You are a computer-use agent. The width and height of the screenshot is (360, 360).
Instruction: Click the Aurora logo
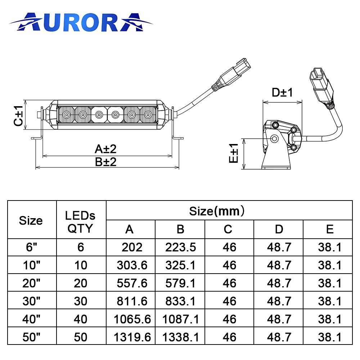click(x=81, y=22)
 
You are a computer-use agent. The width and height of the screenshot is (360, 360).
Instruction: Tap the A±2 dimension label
click(x=105, y=149)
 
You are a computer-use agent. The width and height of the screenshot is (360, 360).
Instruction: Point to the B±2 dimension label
click(x=105, y=162)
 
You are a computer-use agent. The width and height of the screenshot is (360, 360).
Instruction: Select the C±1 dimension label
click(x=18, y=116)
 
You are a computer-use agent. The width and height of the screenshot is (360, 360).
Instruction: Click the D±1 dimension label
click(x=282, y=93)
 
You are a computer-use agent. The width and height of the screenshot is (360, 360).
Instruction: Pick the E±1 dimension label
click(x=234, y=153)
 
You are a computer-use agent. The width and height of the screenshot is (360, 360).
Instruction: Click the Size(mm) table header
click(x=217, y=211)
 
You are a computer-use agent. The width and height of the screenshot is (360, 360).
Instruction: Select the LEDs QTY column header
click(x=80, y=222)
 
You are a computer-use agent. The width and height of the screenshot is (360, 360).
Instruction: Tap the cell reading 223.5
click(x=180, y=247)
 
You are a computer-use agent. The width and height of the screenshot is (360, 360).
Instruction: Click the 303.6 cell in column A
click(x=132, y=265)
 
